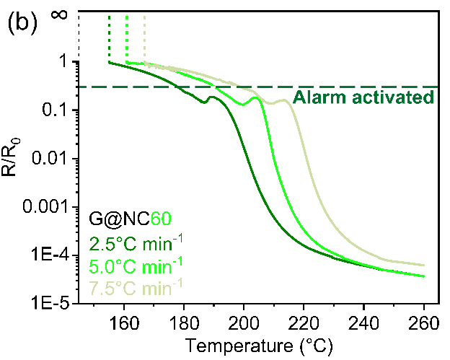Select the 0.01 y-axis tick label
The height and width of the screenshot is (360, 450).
pyautogui.click(x=53, y=158)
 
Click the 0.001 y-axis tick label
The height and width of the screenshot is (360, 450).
pyautogui.click(x=47, y=206)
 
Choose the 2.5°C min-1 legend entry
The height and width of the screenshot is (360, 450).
pyautogui.click(x=136, y=241)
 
